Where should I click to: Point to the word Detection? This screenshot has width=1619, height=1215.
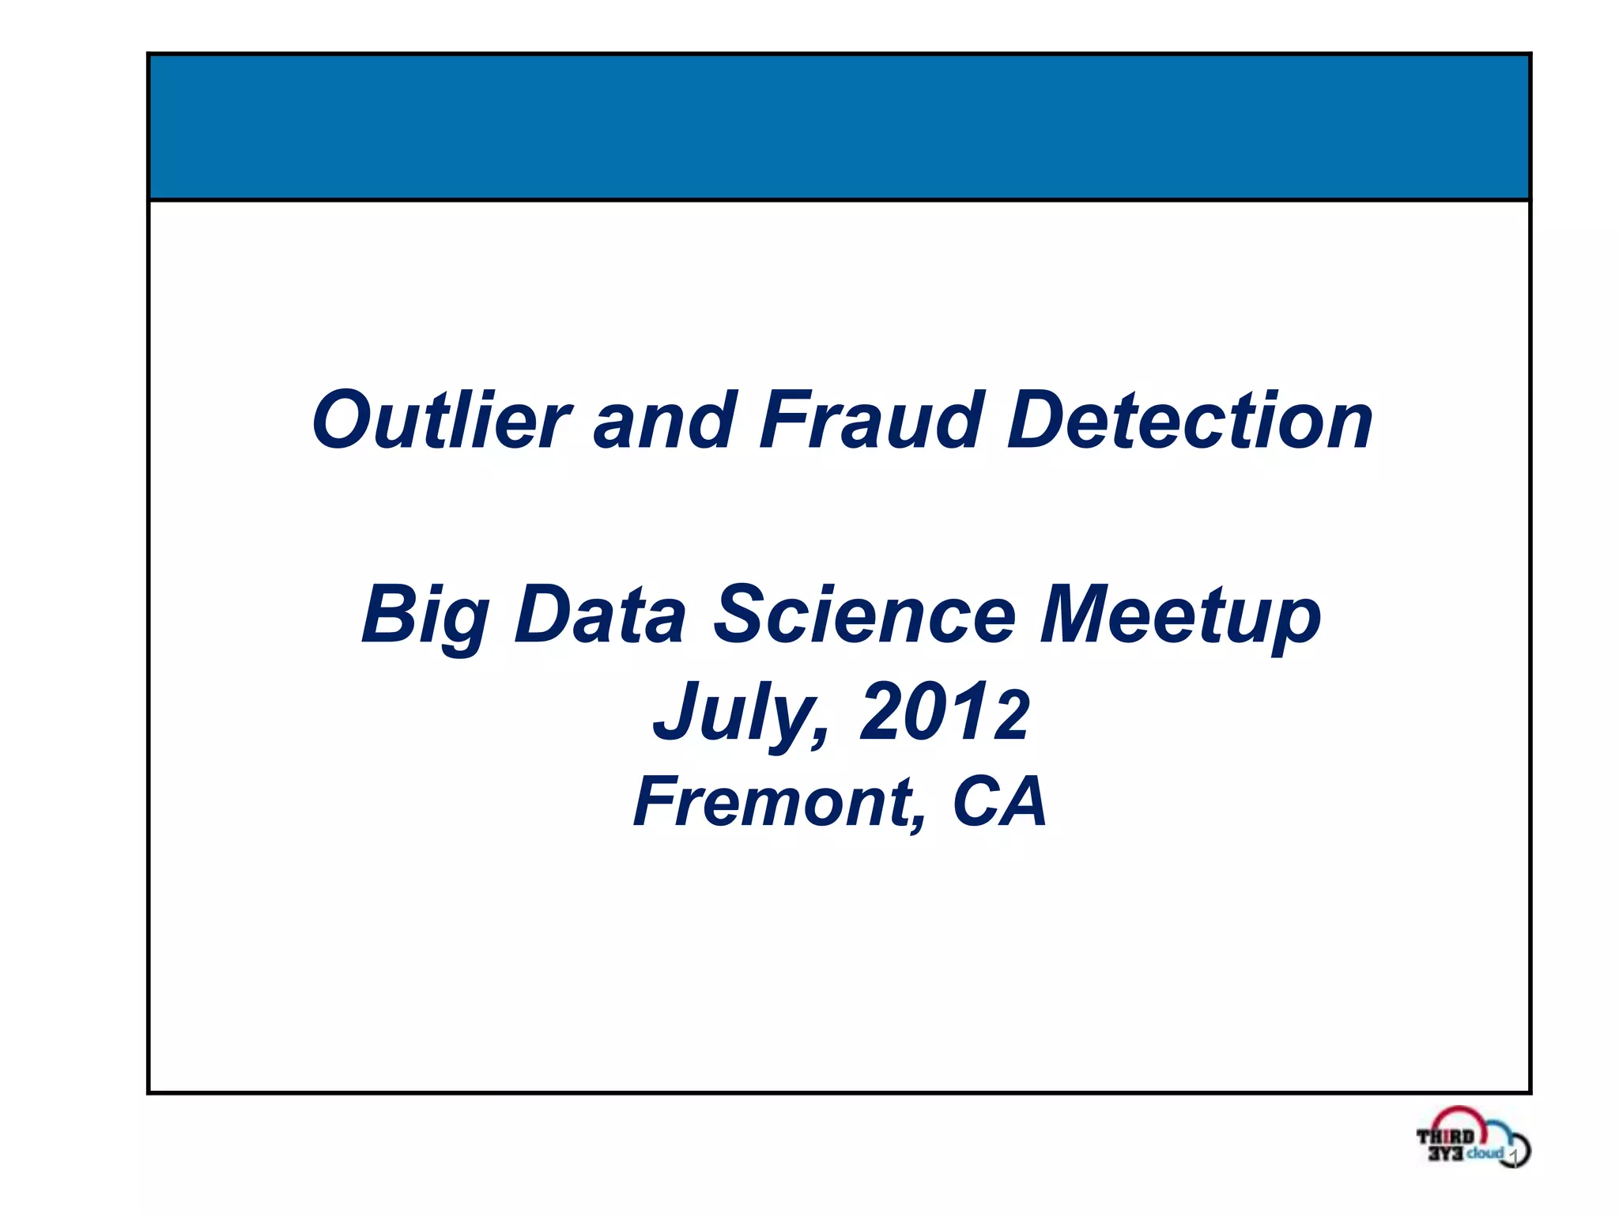[x=1190, y=421]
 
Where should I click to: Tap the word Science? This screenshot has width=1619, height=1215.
[x=864, y=615]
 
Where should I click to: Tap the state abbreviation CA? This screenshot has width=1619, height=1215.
[x=999, y=803]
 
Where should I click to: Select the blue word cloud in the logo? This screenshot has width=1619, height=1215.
[x=1485, y=1153]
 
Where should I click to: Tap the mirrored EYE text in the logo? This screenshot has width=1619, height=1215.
[x=1446, y=1153]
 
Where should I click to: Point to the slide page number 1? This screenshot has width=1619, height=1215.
[x=1512, y=1157]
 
